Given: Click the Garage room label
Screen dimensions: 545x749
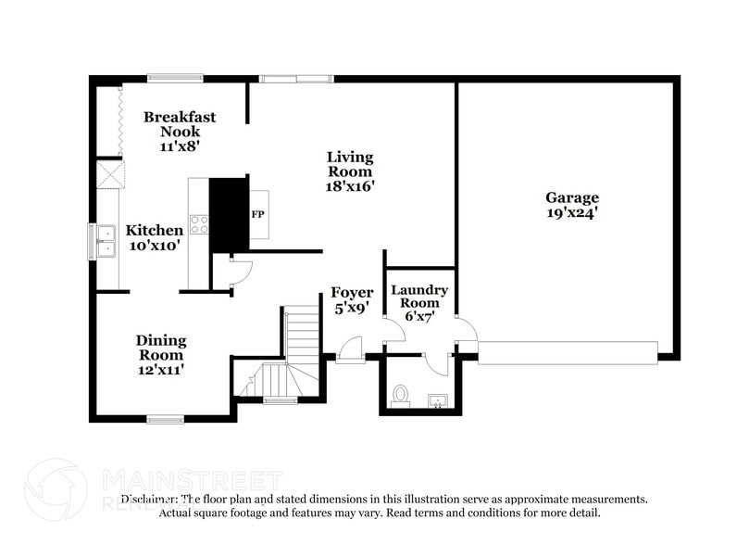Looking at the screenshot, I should [x=571, y=197].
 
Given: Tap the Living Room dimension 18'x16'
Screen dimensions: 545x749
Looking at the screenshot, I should [x=350, y=185].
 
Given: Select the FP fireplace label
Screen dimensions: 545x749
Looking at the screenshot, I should [x=258, y=213].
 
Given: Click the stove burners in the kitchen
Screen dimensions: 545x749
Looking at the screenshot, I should [x=199, y=223].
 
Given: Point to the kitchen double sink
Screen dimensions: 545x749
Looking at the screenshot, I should [x=103, y=241].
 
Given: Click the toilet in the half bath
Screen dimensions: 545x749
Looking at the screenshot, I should [x=401, y=396].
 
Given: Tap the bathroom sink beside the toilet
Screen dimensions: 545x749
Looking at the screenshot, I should [x=438, y=401].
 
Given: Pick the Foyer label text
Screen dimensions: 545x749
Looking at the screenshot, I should [x=352, y=293].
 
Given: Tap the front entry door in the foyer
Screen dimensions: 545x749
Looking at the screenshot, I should [x=350, y=351].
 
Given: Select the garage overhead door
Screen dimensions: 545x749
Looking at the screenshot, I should [x=568, y=350].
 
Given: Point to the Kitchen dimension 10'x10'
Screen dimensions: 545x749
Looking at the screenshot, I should [x=153, y=246].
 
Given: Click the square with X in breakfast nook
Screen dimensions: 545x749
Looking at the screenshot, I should [x=111, y=173].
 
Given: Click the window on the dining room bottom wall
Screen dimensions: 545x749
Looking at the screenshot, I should [x=166, y=419].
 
